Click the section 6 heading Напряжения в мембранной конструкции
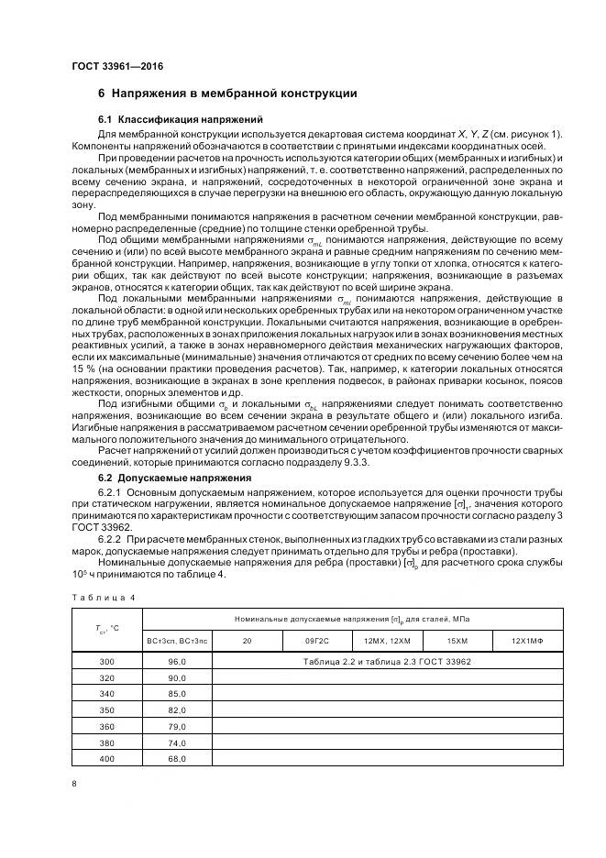point(227,93)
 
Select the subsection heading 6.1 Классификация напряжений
point(180,120)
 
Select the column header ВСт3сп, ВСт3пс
point(178,638)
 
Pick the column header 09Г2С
point(317,638)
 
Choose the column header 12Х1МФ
point(527,638)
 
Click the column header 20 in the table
point(247,638)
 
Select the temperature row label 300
point(107,661)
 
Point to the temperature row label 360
point(107,726)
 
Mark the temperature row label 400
point(107,759)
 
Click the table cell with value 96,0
point(178,661)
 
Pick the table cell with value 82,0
point(178,709)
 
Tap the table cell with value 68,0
point(178,759)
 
